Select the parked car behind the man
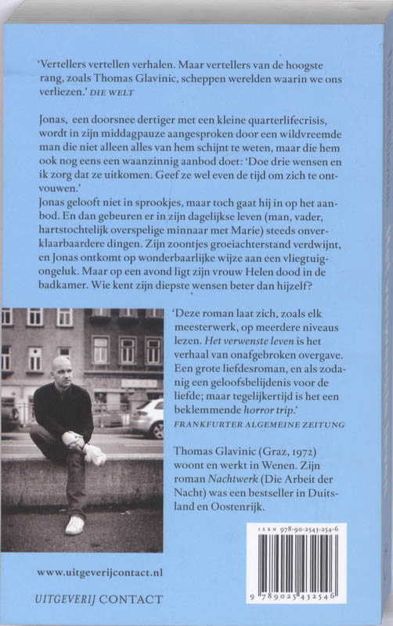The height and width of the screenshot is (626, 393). [146, 416]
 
